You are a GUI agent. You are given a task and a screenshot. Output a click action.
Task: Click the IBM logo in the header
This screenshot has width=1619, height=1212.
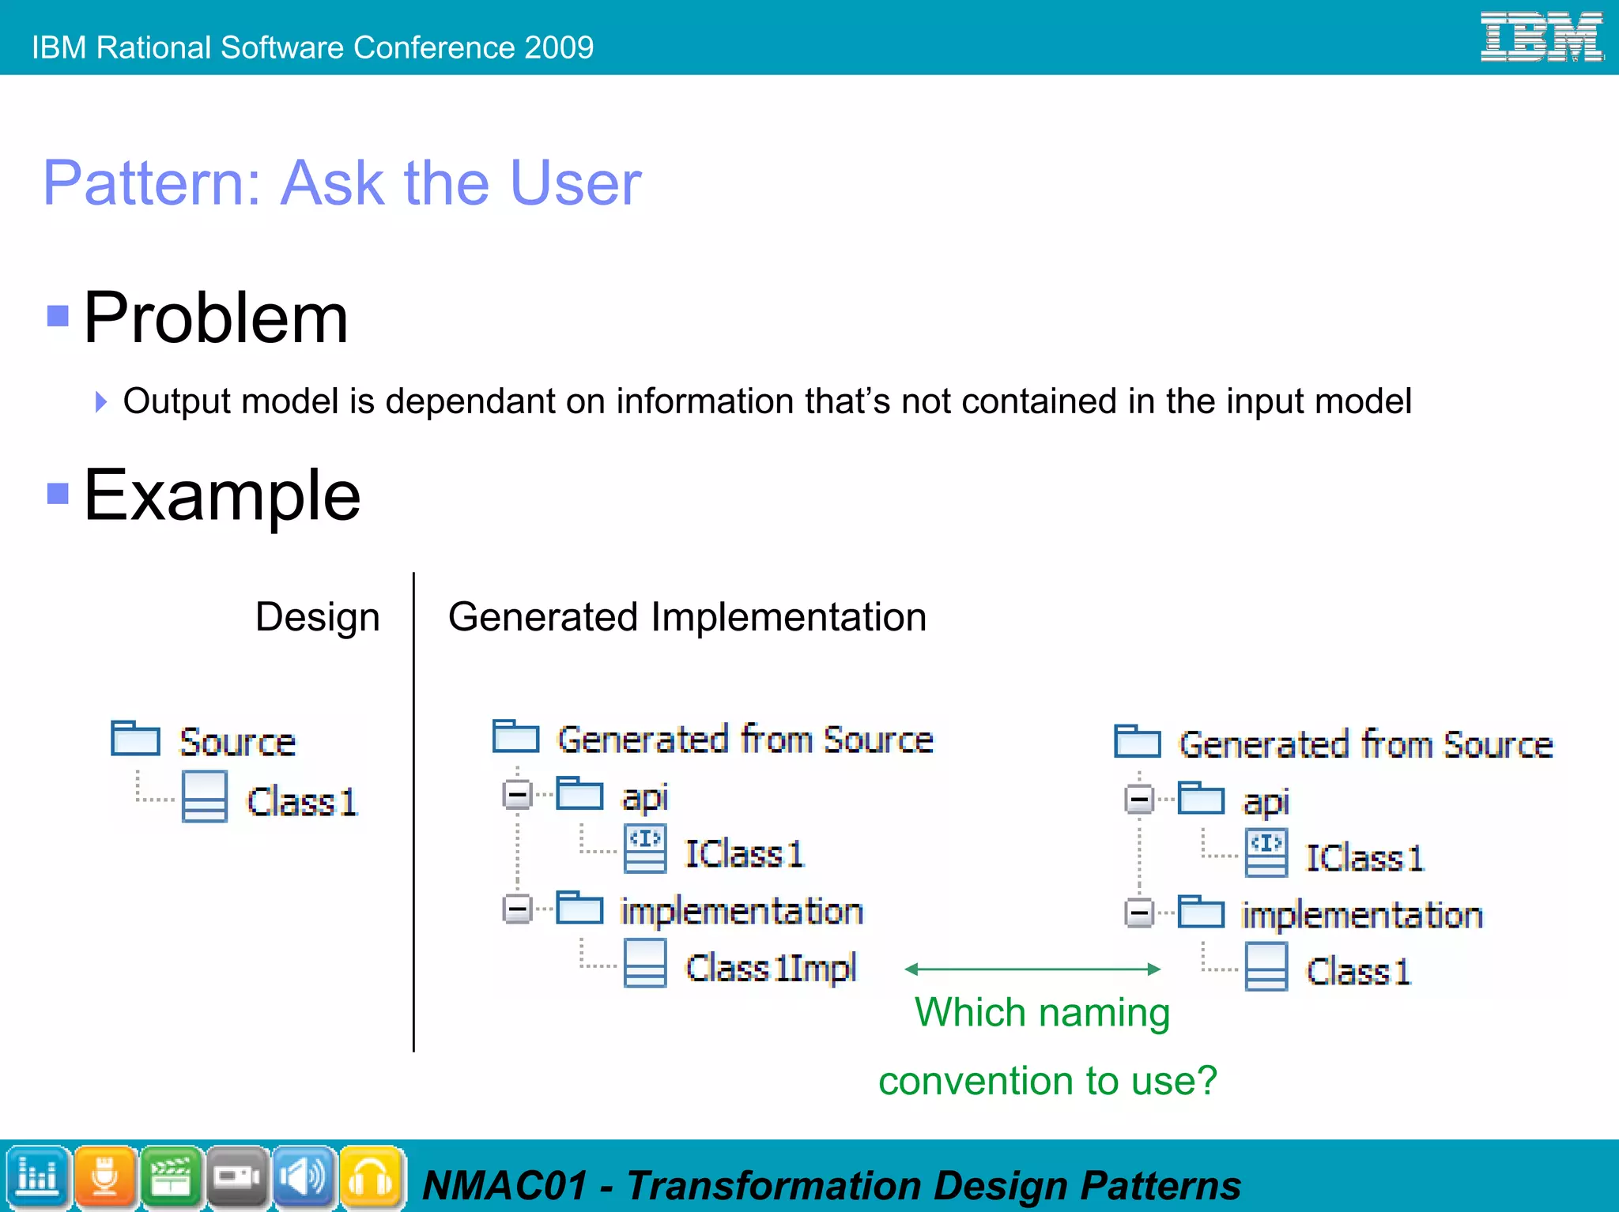click(1541, 37)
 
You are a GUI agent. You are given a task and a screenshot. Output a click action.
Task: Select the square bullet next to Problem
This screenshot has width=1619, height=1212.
click(58, 316)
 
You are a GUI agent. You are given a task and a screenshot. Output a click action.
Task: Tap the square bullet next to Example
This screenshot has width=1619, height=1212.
click(58, 493)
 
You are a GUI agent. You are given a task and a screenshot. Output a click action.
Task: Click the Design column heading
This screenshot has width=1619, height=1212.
click(317, 617)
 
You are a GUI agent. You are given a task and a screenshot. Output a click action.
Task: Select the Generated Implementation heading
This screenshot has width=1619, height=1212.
click(686, 617)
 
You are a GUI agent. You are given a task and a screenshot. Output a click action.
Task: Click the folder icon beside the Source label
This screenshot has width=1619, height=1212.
click(135, 738)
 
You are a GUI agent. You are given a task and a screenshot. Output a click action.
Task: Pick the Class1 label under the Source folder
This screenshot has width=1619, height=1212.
click(302, 802)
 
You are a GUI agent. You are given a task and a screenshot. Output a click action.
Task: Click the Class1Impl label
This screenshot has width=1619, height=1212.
click(771, 968)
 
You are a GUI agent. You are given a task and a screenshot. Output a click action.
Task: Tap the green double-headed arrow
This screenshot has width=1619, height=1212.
click(1032, 969)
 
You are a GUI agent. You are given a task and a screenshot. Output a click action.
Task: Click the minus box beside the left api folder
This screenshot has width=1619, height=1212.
click(518, 794)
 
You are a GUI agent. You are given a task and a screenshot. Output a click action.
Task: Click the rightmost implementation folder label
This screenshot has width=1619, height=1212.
click(1361, 915)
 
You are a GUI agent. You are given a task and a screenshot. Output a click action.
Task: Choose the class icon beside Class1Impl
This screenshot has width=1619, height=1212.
click(644, 963)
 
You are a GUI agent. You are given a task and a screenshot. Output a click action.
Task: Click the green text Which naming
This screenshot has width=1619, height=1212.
click(1042, 1013)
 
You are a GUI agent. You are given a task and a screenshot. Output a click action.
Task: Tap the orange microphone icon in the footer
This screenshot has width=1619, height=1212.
click(105, 1177)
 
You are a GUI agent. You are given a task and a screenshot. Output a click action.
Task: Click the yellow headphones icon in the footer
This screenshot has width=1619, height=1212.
click(371, 1177)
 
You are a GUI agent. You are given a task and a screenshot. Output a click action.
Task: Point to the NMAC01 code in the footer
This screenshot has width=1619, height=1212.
click(505, 1186)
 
